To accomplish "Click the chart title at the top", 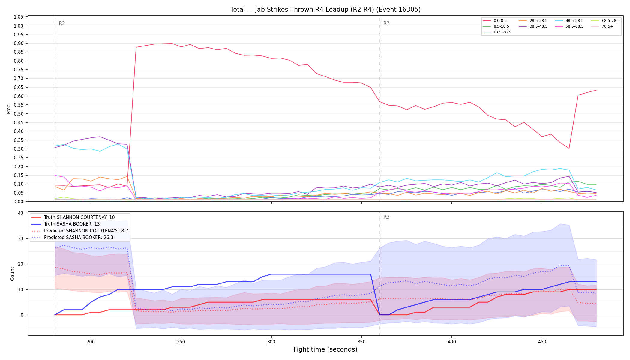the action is point(325,10).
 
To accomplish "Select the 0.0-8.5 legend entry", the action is point(495,21).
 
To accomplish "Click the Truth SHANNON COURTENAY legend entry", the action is point(73,217).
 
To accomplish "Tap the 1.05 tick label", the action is point(19,17).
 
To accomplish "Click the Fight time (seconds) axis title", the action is point(325,349).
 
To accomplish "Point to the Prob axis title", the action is point(9,109).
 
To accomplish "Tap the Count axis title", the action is point(12,274).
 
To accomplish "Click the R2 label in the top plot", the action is point(62,23).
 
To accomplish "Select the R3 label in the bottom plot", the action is point(386,217).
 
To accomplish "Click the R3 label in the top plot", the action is point(386,23).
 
